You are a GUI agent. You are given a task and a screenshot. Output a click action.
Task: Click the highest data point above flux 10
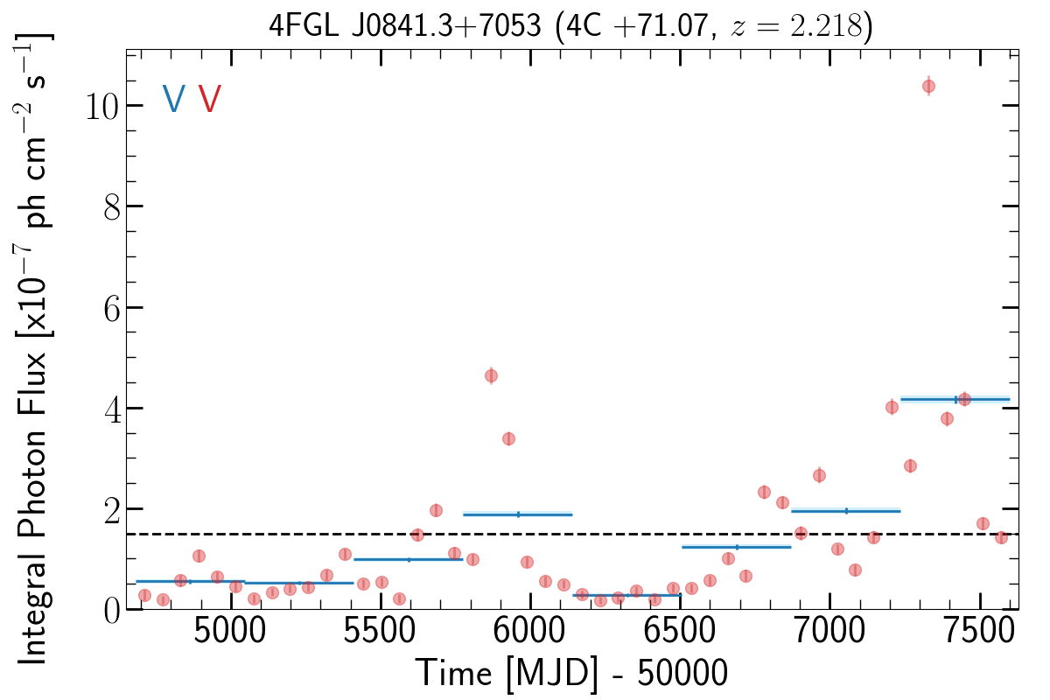928,86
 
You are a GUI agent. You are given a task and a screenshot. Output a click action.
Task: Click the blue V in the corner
173,99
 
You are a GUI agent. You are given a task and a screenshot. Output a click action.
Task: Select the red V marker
210,99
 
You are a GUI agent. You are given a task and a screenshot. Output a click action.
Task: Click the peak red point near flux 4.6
491,376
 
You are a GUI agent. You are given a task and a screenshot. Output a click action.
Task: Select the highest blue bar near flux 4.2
955,399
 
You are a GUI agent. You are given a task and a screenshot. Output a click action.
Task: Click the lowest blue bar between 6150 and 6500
626,595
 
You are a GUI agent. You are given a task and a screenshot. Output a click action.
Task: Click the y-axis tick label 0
110,611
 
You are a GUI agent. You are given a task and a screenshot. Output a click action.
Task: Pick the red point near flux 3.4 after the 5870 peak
508,438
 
